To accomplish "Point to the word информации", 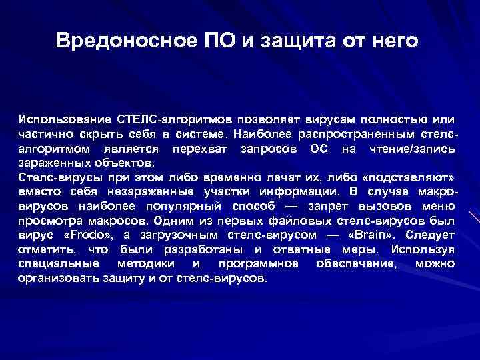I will tap(293, 192).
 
